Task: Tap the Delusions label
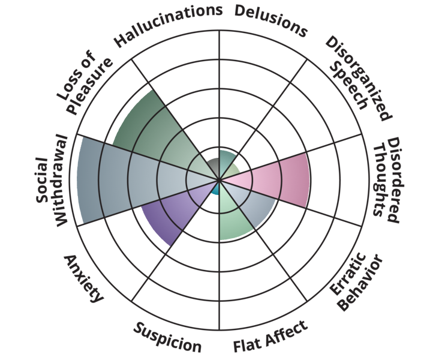270,21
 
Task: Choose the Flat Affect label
270,336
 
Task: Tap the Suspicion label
167,337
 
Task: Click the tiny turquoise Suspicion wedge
215,190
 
